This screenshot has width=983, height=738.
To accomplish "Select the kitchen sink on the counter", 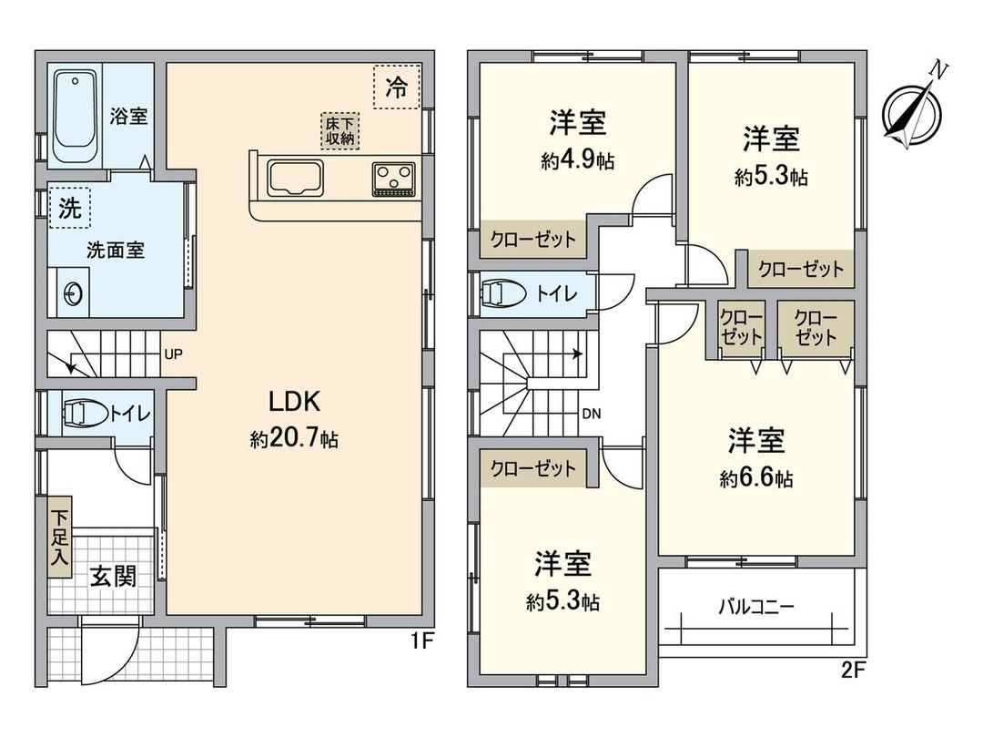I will (294, 177).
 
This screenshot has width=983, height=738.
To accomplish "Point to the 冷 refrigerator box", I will (397, 87).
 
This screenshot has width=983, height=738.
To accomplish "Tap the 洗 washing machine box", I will (69, 209).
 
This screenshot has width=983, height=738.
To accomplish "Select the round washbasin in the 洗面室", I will (74, 292).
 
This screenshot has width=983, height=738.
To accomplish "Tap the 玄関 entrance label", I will (113, 577).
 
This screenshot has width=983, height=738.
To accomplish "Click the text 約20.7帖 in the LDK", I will (294, 439).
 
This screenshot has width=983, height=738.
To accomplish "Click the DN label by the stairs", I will (592, 413).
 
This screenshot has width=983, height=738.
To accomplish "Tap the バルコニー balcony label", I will (756, 605).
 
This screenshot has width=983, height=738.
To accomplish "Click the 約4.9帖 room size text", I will (577, 162).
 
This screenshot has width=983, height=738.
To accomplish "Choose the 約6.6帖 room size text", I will (755, 478).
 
